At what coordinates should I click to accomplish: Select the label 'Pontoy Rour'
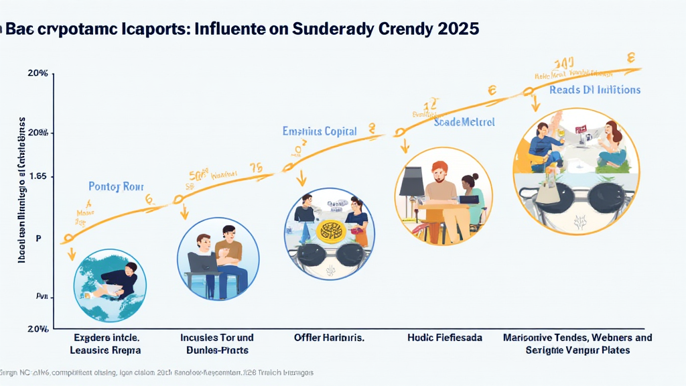click(116, 186)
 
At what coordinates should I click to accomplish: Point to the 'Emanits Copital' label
click(320, 131)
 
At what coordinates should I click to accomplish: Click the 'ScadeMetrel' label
click(464, 122)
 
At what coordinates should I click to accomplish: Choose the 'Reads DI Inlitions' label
click(595, 90)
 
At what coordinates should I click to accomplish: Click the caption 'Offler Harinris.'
click(329, 338)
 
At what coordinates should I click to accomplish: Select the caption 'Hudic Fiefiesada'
click(445, 338)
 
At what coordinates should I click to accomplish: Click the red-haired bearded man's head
click(440, 172)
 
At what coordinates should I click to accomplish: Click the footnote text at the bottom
click(157, 372)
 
